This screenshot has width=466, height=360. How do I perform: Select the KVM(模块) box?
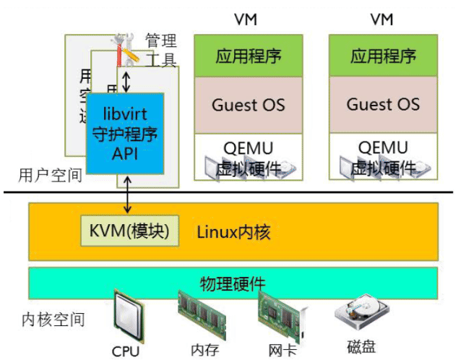[129, 231]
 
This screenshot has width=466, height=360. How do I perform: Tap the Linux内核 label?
[234, 232]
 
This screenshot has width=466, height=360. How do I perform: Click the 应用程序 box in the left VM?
[248, 56]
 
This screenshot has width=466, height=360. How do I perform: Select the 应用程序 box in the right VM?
[383, 56]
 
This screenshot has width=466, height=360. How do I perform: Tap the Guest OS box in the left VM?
[248, 104]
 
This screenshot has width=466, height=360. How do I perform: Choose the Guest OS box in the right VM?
[383, 104]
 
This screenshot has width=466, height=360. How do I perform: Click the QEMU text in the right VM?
[383, 148]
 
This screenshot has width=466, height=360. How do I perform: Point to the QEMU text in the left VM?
[248, 148]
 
